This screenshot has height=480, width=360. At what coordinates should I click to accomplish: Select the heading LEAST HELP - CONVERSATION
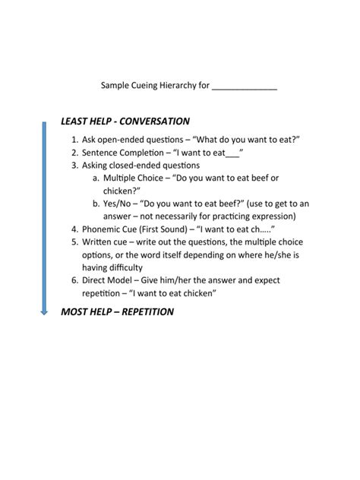pyautogui.click(x=125, y=122)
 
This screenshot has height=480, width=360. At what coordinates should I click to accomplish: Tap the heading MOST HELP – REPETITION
pyautogui.click(x=117, y=311)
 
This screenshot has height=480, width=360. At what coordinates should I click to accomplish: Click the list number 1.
pyautogui.click(x=74, y=140)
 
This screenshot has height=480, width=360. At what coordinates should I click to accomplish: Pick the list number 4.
pyautogui.click(x=74, y=229)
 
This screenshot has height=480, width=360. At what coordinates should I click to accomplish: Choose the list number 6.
pyautogui.click(x=74, y=280)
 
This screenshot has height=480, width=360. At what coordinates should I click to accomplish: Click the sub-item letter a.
pyautogui.click(x=96, y=178)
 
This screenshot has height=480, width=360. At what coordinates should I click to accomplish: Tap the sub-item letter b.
pyautogui.click(x=96, y=204)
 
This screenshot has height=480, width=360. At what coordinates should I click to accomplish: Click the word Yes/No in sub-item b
pyautogui.click(x=120, y=204)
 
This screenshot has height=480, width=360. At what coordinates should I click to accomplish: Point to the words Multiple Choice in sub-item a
pyautogui.click(x=133, y=178)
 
